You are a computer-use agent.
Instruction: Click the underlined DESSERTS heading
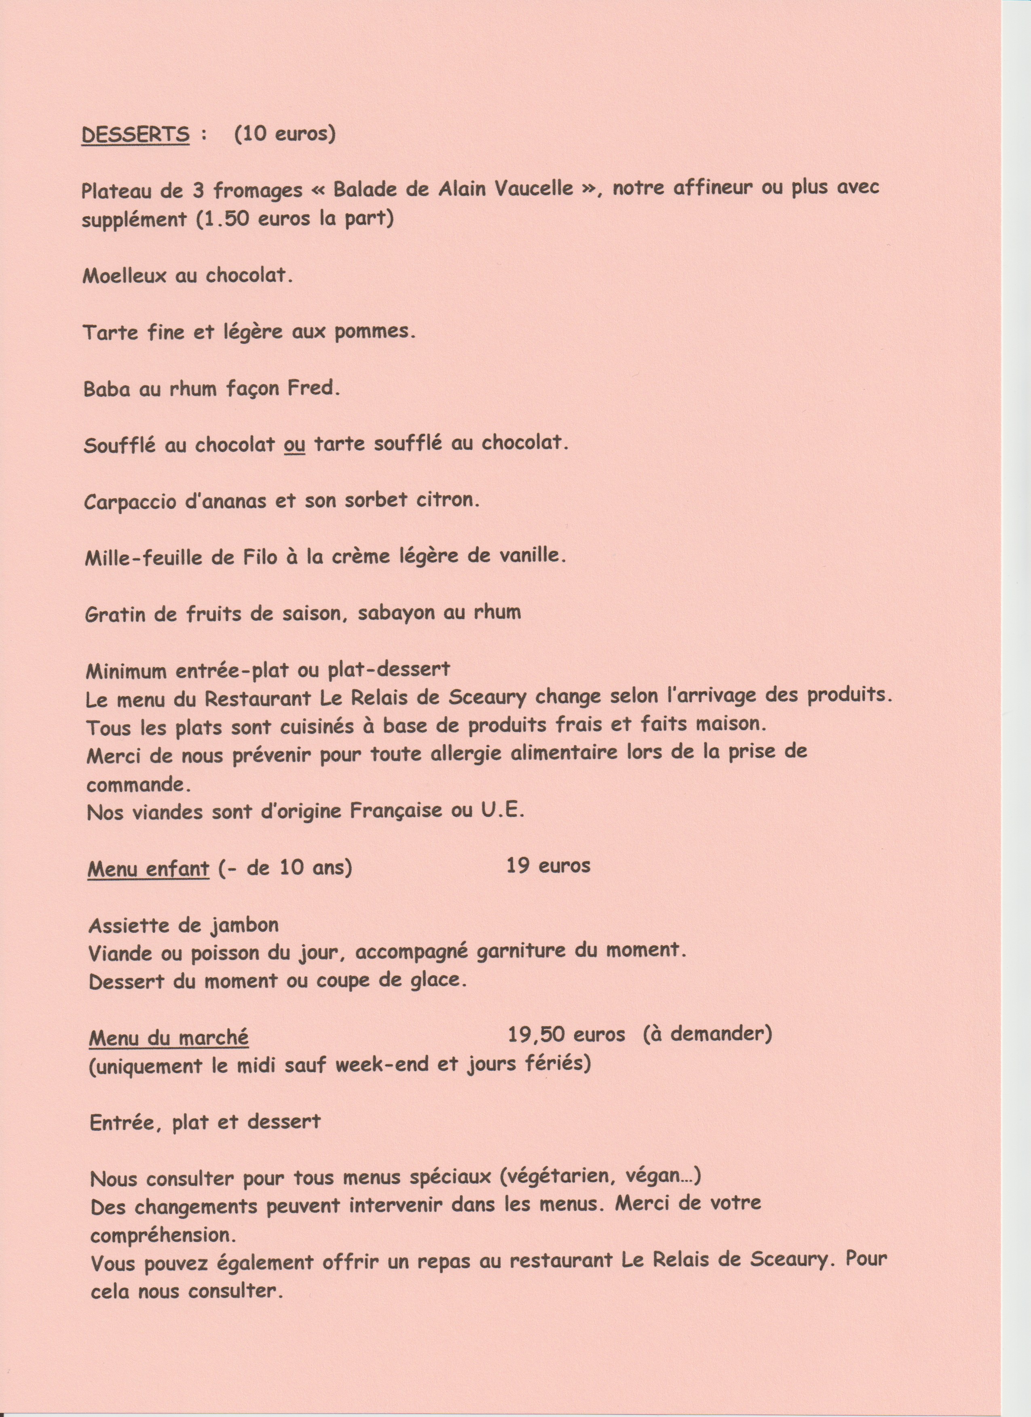(x=135, y=135)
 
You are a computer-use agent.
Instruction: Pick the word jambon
(x=244, y=925)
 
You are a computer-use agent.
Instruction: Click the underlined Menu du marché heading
(x=169, y=1038)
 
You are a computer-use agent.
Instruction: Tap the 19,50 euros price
(x=566, y=1035)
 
